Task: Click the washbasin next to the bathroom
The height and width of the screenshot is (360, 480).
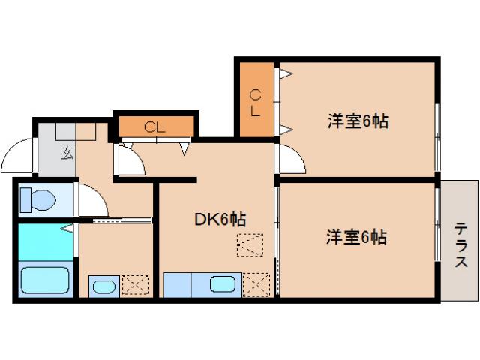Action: coord(102,286)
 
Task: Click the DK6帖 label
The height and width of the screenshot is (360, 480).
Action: coord(220,219)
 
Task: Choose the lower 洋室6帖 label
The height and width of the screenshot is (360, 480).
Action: coord(356,238)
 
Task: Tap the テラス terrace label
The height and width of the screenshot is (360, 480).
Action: coord(460,245)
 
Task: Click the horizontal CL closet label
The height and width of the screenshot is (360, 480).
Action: coord(155,126)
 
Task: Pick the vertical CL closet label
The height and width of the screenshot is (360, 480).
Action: coord(255,103)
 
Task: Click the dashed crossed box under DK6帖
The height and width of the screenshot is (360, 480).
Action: coord(250,244)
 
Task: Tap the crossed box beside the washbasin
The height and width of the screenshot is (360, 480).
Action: coord(136,286)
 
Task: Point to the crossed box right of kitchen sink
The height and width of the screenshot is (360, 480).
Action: coord(257,285)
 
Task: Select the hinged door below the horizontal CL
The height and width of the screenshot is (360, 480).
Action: coord(130,160)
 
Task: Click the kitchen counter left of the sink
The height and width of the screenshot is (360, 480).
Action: coord(177,285)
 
